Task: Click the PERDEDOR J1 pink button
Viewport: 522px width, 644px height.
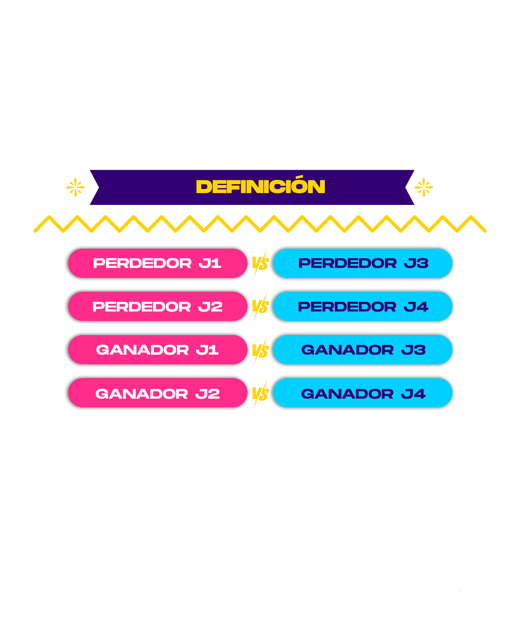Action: tap(157, 263)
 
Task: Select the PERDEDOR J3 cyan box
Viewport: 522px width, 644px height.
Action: tap(363, 263)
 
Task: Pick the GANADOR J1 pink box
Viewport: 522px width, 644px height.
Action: tap(157, 350)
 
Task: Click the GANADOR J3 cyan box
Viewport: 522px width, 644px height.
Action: tap(363, 350)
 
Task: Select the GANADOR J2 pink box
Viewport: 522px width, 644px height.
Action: tap(157, 394)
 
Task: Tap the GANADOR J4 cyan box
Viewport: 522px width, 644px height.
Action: tap(363, 394)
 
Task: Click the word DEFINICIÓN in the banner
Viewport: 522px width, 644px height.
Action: tap(260, 187)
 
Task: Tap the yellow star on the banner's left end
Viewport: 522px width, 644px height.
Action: tap(75, 188)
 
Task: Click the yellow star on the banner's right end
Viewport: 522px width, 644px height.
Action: tap(423, 188)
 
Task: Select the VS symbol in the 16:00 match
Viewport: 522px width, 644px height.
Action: tap(260, 264)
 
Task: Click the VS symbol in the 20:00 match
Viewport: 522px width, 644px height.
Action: tap(260, 394)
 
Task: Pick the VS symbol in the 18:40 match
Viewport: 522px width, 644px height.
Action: tap(260, 351)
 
